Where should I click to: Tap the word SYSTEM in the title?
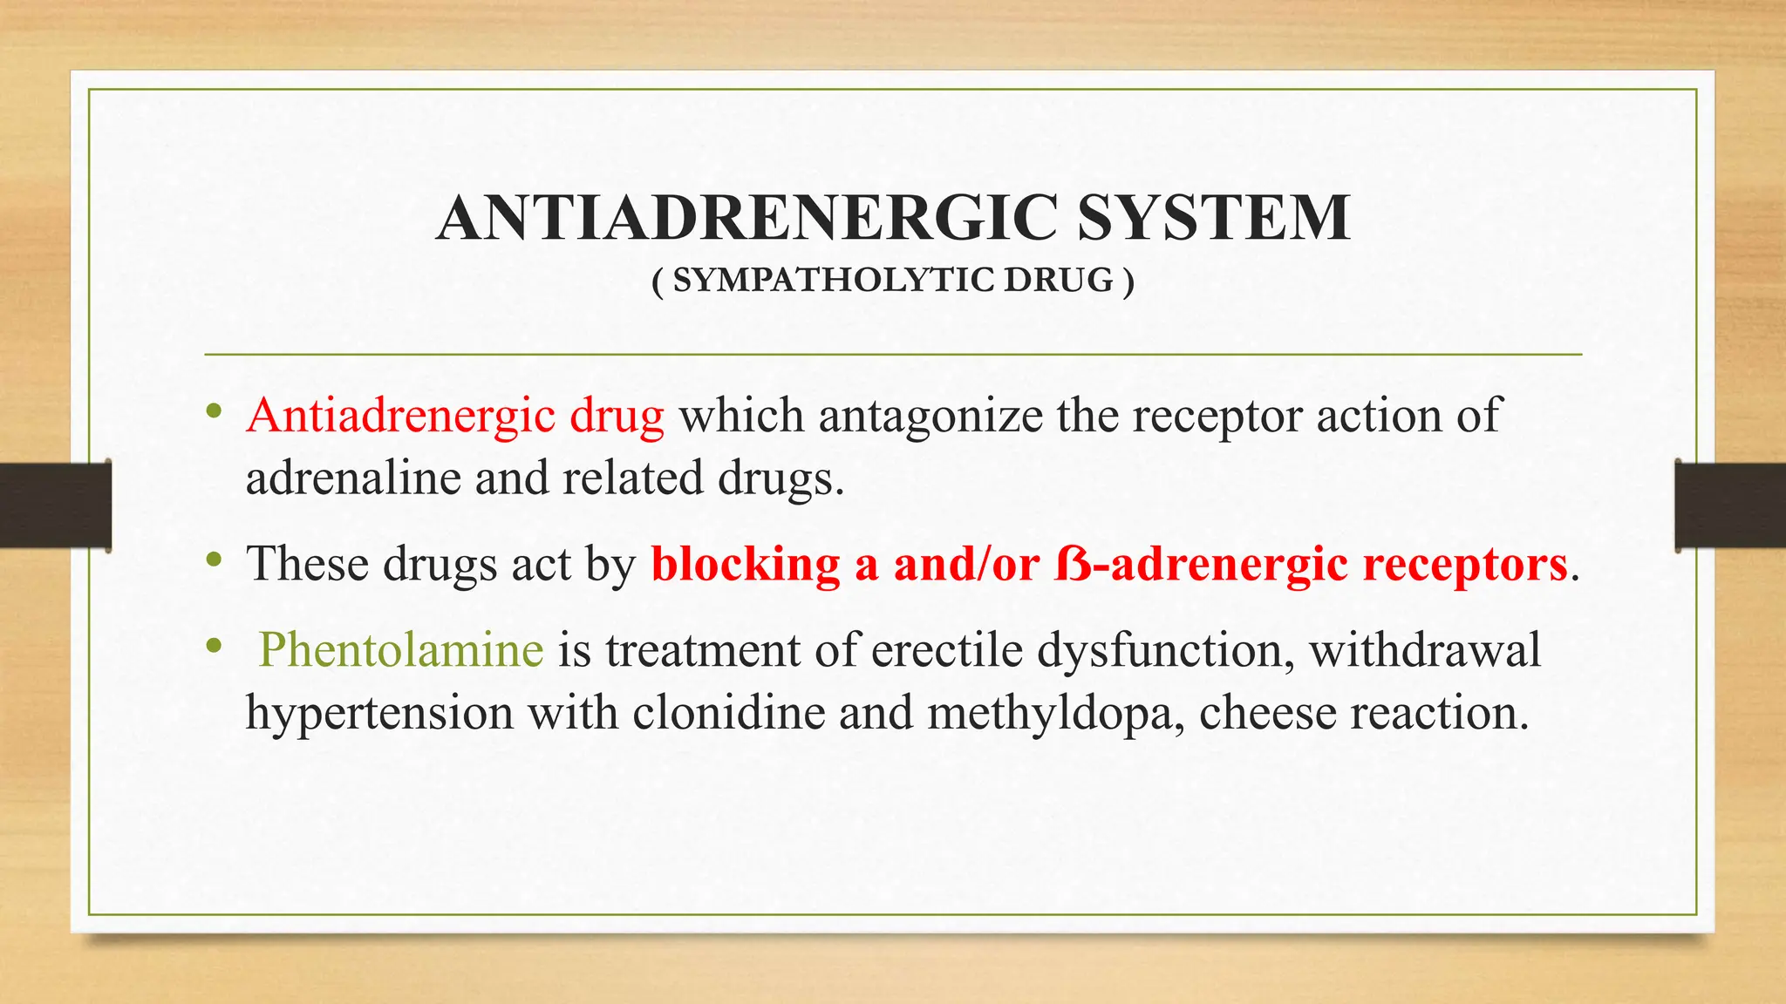(x=1214, y=218)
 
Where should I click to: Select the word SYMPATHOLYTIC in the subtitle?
(x=834, y=281)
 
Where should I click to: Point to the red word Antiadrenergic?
(x=401, y=416)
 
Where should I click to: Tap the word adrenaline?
(x=352, y=478)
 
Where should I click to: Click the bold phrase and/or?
(x=965, y=564)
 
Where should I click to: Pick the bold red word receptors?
(x=1465, y=564)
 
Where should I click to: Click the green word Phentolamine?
(x=401, y=650)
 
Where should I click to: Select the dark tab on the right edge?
(x=1730, y=505)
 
